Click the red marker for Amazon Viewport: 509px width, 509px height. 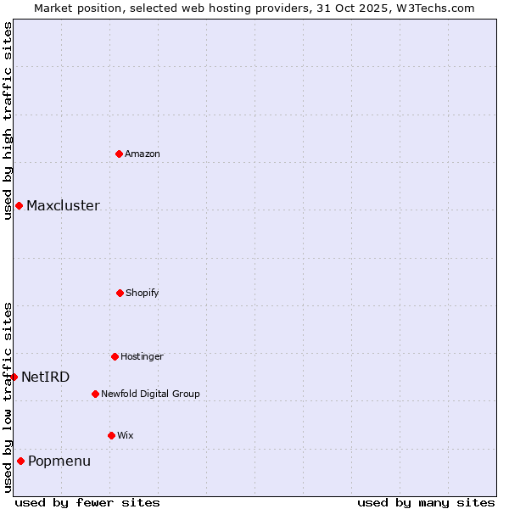(x=119, y=154)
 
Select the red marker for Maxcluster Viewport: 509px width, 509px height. (x=19, y=205)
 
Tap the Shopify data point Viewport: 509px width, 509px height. (x=120, y=293)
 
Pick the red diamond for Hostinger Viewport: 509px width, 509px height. (x=115, y=356)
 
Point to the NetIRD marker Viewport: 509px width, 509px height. (x=14, y=377)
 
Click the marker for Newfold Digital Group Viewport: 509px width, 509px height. (x=95, y=394)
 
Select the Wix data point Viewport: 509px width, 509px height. (x=111, y=435)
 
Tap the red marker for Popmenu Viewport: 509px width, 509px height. (x=20, y=461)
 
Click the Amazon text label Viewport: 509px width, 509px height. (x=143, y=154)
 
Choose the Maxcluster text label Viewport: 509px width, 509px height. (x=63, y=205)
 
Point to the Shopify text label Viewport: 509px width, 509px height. (x=143, y=293)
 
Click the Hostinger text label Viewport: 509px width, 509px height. (x=142, y=356)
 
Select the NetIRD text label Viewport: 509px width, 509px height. (x=46, y=377)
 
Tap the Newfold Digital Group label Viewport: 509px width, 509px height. (x=150, y=394)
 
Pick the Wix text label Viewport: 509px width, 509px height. (x=126, y=435)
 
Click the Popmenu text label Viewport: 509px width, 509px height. (x=59, y=461)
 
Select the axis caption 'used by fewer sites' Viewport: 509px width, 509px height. (x=87, y=502)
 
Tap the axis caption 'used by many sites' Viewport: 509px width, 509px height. (x=426, y=502)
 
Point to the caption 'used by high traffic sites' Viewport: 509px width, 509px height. (x=8, y=120)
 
